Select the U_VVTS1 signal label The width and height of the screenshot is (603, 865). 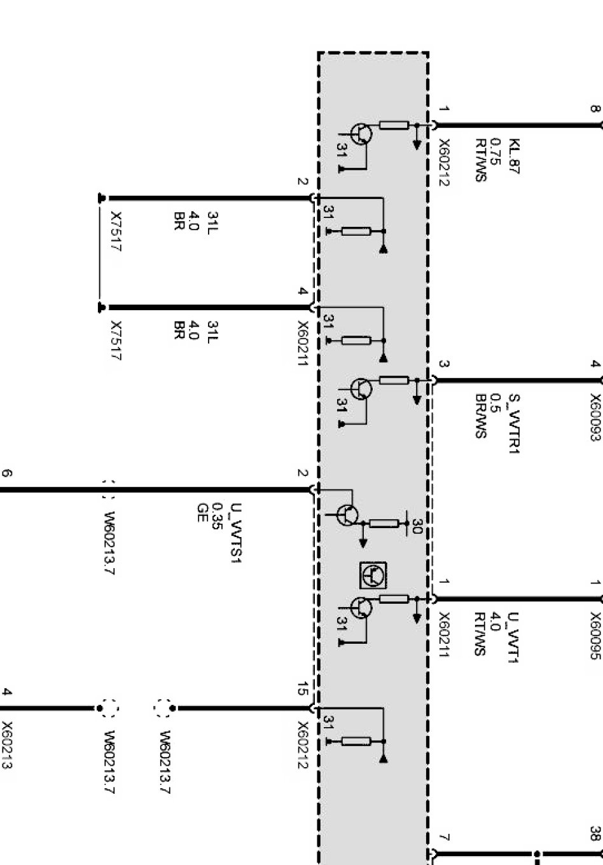coord(238,533)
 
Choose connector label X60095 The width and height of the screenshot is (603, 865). coord(595,636)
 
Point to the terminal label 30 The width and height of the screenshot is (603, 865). coord(417,525)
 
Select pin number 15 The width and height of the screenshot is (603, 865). coord(303,689)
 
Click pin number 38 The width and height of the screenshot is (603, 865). coord(595,833)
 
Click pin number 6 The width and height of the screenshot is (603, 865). coord(8,473)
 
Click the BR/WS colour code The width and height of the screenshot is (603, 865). coord(481,416)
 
